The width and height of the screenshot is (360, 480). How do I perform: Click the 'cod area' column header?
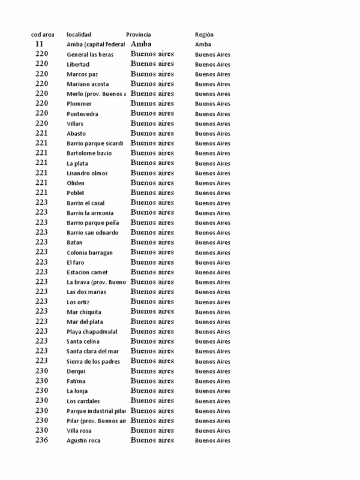43,34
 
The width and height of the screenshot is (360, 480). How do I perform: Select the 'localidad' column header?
79,34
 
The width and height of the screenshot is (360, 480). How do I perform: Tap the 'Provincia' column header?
139,34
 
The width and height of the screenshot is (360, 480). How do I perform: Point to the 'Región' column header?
204,34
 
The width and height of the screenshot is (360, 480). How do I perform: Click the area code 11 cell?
40,44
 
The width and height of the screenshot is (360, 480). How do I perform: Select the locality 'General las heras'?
90,55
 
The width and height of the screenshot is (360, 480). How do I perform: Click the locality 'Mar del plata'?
85,322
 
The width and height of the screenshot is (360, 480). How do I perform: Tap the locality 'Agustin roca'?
83,440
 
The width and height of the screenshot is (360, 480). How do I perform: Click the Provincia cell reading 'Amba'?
140,44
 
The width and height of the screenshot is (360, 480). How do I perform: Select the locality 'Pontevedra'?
83,114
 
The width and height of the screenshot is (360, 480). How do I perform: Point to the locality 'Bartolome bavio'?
89,154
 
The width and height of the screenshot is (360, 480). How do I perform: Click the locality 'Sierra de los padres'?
93,361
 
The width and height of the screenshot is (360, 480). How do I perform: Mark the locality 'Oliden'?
76,183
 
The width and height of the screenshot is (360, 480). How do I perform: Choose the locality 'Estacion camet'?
88,272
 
